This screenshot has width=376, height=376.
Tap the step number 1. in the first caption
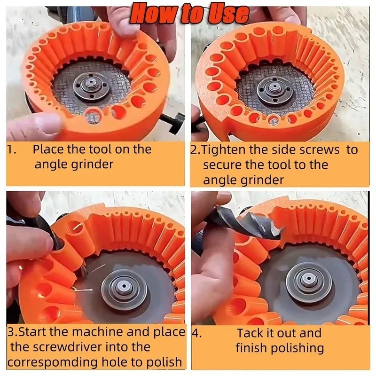12,150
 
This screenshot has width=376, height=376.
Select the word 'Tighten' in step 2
224,149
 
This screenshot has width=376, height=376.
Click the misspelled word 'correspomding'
53,362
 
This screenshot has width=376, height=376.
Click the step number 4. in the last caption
196,334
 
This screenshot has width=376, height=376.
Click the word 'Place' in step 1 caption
48,149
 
